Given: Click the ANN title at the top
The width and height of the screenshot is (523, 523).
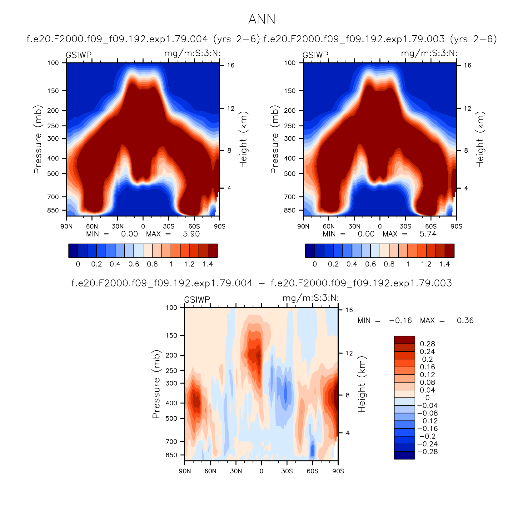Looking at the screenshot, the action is [x=262, y=19].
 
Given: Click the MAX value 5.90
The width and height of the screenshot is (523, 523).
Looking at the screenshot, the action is [x=191, y=234].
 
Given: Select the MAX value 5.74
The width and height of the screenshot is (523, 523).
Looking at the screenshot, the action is [x=428, y=234].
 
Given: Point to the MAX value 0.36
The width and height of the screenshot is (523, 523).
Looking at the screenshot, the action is [x=465, y=321].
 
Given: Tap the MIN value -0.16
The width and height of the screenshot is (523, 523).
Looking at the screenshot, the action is [x=400, y=321].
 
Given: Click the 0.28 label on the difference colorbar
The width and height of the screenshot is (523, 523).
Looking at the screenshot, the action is [x=427, y=344].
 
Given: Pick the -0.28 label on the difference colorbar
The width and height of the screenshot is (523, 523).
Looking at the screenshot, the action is [x=427, y=452].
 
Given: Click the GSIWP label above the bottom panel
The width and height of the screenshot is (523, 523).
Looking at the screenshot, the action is [x=197, y=300].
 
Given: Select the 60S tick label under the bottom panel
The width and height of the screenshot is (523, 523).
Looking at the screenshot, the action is [x=312, y=471].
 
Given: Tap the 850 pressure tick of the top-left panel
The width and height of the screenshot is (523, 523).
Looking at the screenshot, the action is [x=53, y=210].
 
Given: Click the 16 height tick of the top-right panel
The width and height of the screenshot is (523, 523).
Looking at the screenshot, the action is [x=467, y=65].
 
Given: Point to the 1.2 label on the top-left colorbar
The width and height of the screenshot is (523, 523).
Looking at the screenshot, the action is [x=189, y=264].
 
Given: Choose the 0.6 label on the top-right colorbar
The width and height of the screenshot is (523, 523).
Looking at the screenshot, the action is [x=371, y=264].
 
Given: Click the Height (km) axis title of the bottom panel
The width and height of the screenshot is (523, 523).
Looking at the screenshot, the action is [x=361, y=384].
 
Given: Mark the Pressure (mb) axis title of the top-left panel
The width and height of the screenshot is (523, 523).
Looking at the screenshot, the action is [x=38, y=139].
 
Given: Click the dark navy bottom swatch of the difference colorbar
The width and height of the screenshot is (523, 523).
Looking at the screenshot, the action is [x=405, y=455].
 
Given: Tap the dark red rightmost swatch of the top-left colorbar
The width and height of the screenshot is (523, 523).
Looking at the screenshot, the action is [x=213, y=251].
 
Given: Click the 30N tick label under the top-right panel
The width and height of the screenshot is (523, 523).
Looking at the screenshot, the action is [x=354, y=226].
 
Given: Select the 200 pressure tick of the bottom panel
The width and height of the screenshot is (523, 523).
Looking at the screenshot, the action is [x=171, y=355].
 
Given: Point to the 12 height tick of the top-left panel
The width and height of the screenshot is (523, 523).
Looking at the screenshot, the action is [x=231, y=109].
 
